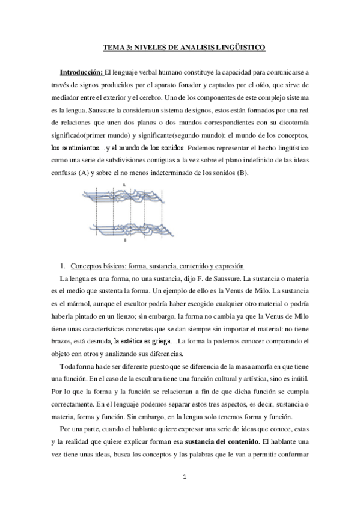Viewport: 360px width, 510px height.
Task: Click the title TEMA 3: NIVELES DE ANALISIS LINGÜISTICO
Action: (x=180, y=46)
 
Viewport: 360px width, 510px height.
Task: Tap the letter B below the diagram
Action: (x=124, y=239)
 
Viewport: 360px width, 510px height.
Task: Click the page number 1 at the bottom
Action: (x=180, y=492)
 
